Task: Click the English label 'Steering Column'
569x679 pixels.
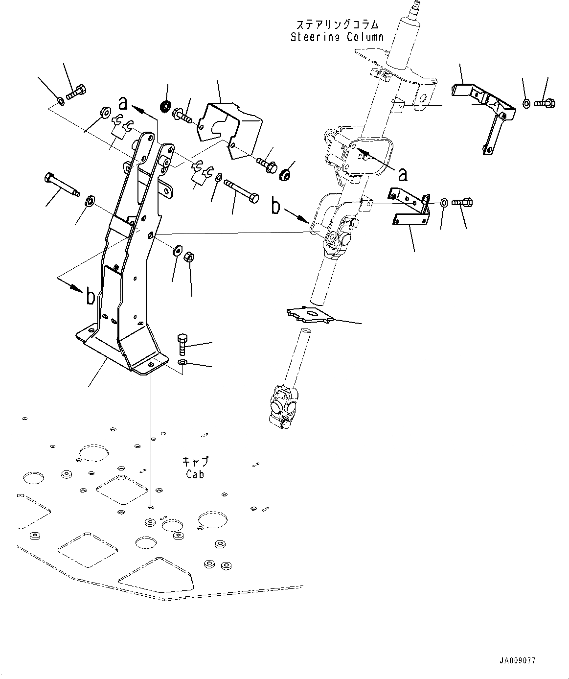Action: click(337, 37)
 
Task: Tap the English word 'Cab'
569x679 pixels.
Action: click(195, 474)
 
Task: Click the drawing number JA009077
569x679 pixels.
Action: click(517, 660)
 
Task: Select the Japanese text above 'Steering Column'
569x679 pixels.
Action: click(337, 24)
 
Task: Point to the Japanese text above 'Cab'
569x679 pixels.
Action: click(195, 461)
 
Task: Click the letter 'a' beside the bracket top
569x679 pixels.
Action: click(123, 103)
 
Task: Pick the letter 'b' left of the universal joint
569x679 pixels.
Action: click(276, 207)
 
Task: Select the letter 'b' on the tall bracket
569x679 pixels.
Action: click(91, 297)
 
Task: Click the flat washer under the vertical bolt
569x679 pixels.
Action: click(182, 362)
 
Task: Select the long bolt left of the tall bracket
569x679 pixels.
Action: click(62, 184)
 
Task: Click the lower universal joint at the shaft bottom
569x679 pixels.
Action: click(283, 404)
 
